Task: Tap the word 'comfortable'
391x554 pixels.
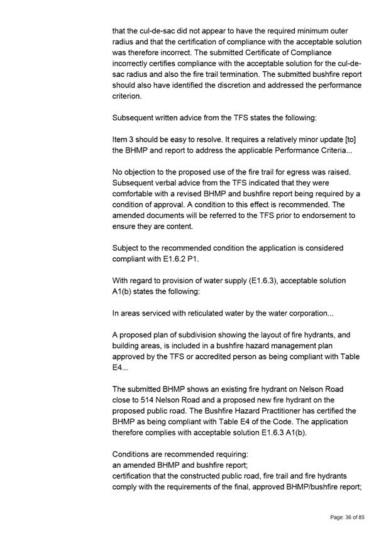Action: click(x=137, y=193)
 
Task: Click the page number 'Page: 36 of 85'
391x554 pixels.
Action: click(x=348, y=517)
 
